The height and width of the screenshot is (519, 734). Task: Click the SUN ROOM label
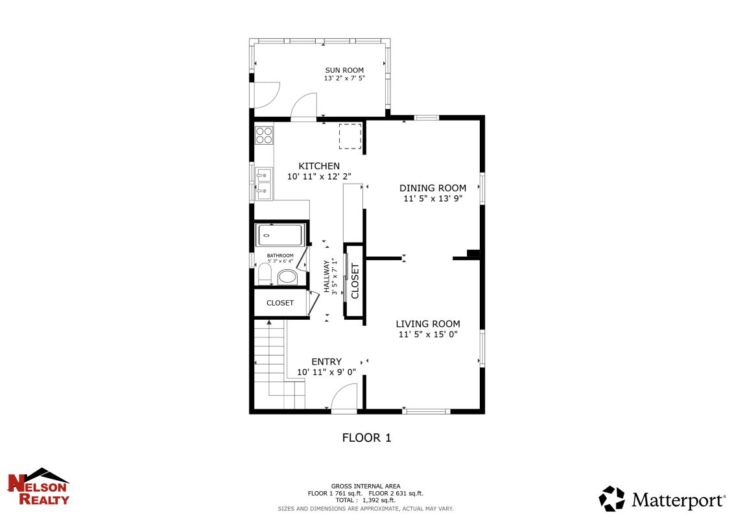[344, 70]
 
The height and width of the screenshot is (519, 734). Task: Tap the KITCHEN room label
[319, 166]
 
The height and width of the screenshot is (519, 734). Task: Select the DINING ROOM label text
[432, 188]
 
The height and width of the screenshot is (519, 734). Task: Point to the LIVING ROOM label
[428, 324]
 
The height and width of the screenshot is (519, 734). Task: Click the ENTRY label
[326, 361]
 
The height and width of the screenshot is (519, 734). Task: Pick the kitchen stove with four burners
[264, 136]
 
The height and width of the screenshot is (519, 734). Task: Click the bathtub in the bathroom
[279, 235]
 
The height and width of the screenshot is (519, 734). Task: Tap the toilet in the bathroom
[265, 274]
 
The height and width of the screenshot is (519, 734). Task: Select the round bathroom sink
[287, 277]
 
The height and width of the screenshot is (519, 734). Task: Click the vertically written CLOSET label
[355, 281]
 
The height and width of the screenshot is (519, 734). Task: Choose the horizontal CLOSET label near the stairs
[280, 303]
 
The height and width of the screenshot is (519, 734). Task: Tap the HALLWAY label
[326, 276]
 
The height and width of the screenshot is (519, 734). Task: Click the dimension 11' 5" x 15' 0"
[428, 335]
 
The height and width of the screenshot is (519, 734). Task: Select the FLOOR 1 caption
[366, 438]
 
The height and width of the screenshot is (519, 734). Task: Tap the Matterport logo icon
[611, 498]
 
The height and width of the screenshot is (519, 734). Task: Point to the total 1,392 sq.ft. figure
[379, 500]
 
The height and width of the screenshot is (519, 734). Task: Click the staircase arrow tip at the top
[269, 321]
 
